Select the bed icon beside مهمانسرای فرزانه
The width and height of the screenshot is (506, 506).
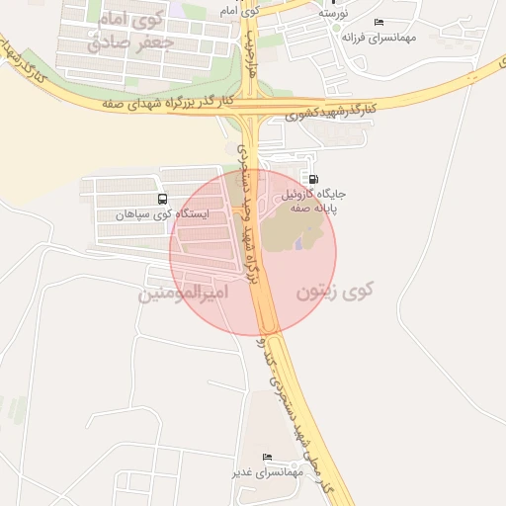[x=379, y=22]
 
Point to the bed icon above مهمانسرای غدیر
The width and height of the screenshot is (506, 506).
[x=267, y=457]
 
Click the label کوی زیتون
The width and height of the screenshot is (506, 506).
[x=335, y=292]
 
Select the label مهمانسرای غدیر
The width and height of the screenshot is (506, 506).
[x=266, y=472]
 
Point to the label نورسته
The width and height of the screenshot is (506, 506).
[x=333, y=14]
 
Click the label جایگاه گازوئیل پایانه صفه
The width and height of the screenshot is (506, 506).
[x=328, y=202]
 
